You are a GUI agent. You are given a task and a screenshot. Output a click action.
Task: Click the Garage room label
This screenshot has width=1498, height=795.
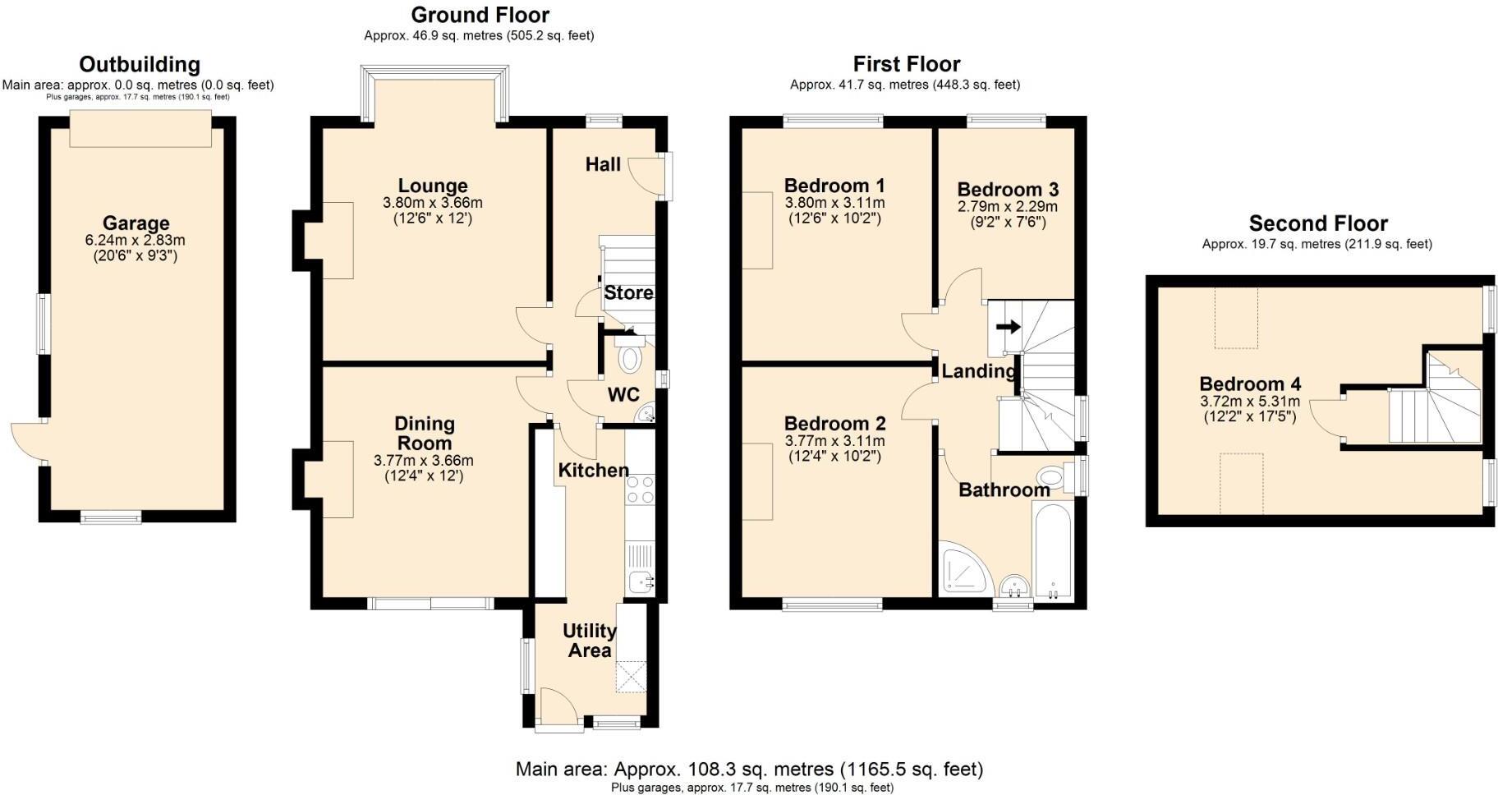(x=136, y=223)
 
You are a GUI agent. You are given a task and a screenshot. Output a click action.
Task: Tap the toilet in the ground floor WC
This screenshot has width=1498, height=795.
(x=630, y=359)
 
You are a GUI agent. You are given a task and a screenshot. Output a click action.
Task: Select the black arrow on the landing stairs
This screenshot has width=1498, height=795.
(x=1008, y=326)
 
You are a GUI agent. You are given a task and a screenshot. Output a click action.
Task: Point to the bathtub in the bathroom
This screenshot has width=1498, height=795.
(x=1052, y=553)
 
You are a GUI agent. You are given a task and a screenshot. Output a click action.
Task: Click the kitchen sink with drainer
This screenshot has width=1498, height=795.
(x=640, y=568)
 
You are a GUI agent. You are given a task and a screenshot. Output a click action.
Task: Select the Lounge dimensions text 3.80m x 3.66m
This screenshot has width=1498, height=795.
(x=433, y=203)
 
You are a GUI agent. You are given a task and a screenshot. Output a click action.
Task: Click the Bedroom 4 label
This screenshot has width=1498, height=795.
(x=1250, y=384)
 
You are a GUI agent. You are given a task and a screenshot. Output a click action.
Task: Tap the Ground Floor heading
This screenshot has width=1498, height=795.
(x=480, y=15)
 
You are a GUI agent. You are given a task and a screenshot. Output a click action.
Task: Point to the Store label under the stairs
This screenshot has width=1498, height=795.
(x=628, y=293)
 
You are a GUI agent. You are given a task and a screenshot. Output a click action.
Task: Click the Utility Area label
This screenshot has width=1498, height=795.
(x=590, y=641)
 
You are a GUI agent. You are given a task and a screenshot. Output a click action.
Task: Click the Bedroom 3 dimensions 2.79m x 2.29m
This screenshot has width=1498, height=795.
(x=1008, y=207)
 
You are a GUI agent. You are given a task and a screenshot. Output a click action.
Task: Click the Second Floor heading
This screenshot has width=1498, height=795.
(x=1317, y=223)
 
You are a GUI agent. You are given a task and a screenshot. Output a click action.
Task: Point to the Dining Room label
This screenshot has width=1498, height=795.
(x=424, y=433)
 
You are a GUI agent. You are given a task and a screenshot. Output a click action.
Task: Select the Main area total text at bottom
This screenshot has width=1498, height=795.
(x=748, y=770)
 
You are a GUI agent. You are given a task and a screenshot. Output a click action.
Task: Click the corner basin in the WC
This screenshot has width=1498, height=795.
(x=646, y=414)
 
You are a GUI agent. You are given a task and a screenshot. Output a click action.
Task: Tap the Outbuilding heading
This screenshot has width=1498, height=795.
(x=139, y=64)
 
